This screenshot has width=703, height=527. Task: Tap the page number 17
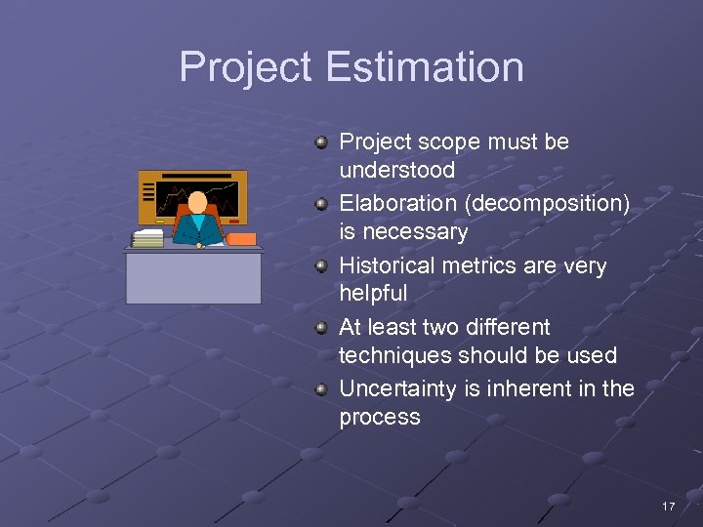click(x=668, y=507)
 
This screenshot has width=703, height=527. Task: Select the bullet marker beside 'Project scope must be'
click(x=320, y=142)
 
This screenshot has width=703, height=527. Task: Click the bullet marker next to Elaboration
click(x=320, y=204)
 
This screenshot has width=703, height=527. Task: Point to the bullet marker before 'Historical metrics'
click(x=320, y=266)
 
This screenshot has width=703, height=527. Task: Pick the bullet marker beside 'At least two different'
click(x=320, y=328)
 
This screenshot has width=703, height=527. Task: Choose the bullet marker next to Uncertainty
click(x=320, y=389)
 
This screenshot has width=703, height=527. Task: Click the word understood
click(x=396, y=170)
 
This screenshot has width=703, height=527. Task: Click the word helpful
click(x=373, y=293)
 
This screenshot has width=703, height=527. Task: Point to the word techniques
click(x=393, y=355)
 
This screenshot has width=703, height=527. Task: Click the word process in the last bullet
click(x=380, y=417)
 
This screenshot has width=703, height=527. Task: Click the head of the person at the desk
click(x=198, y=202)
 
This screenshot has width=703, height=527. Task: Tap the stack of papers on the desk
click(x=148, y=238)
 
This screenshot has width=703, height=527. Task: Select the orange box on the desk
click(x=241, y=238)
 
